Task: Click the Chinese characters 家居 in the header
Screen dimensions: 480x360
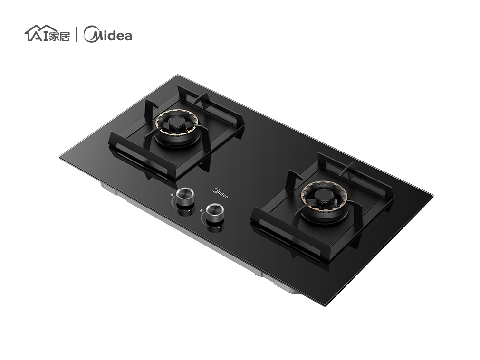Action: [59, 36]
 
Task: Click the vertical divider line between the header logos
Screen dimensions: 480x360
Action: [76, 34]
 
